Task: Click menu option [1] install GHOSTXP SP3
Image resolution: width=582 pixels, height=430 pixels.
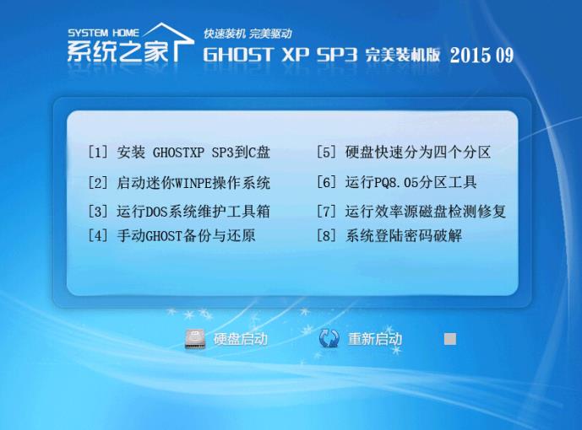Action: coord(178,153)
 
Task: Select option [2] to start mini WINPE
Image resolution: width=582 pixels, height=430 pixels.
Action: coord(178,183)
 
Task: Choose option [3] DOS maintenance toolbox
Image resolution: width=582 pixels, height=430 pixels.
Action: coord(178,212)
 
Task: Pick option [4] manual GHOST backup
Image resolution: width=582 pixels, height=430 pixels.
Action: coord(171,235)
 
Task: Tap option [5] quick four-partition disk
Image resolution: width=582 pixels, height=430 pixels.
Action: coord(404,153)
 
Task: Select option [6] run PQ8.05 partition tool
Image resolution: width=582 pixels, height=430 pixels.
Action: coord(396,182)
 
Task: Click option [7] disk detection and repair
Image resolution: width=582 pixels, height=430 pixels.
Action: coord(411,212)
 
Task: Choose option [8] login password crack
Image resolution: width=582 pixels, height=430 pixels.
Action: coord(389,235)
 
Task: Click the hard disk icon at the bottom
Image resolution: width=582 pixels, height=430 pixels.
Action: coord(195,339)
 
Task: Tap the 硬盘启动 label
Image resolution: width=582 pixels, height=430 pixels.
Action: coord(241,339)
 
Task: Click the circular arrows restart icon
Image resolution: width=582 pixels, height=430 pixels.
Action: coord(329,338)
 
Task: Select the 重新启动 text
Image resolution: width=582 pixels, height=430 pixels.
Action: coord(375,339)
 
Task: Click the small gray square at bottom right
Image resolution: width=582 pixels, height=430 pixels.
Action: coord(450,339)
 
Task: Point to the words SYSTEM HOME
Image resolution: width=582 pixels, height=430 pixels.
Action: coord(103,33)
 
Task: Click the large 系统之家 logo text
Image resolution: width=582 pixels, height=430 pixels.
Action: coord(117,51)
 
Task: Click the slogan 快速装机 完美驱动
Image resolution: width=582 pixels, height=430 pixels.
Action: coord(248,34)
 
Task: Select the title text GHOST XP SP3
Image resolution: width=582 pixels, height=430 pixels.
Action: coord(280,55)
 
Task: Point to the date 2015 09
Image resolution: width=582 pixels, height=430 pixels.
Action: coord(481,55)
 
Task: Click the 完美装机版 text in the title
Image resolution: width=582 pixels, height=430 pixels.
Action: coord(403,55)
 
